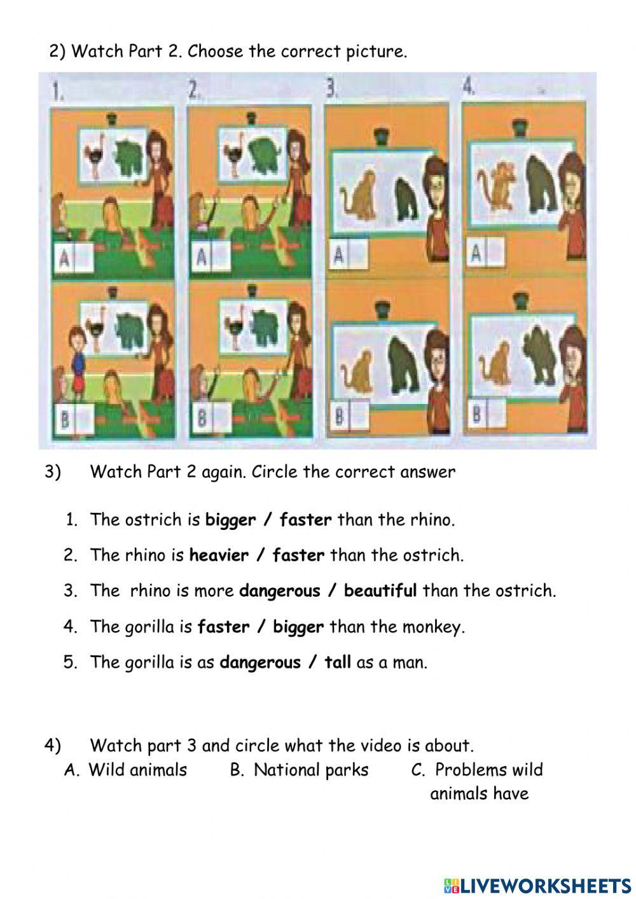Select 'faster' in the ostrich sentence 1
click(305, 520)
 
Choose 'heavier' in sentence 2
click(219, 555)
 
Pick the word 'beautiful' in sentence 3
click(380, 591)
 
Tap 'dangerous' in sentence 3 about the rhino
click(279, 591)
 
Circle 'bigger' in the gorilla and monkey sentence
click(298, 627)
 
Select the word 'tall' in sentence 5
click(337, 662)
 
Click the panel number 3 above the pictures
click(331, 90)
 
